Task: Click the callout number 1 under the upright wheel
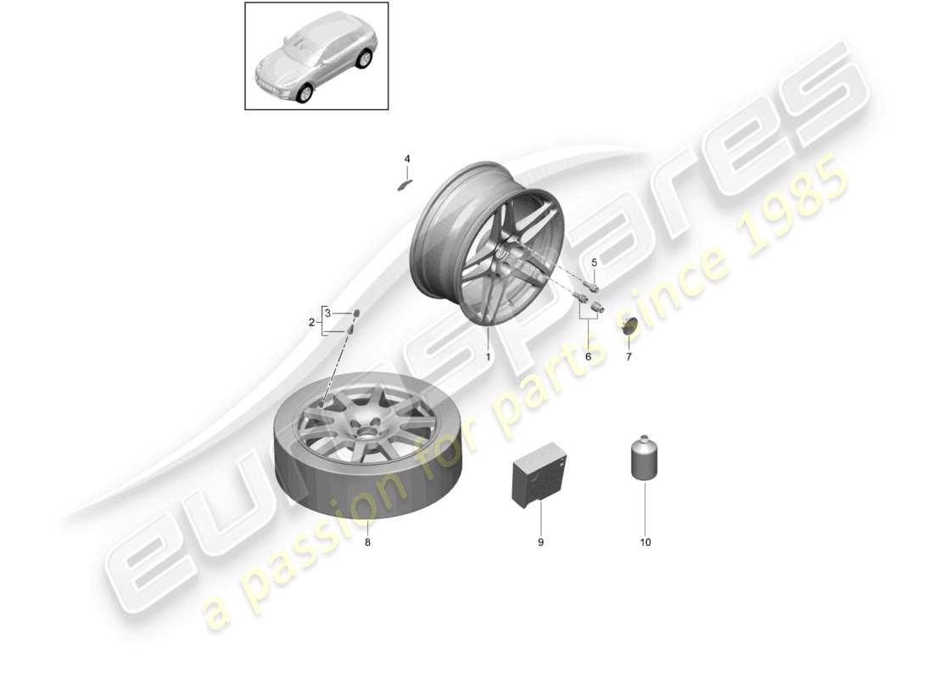(488, 357)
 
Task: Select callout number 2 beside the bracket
(311, 322)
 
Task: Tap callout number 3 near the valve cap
(327, 314)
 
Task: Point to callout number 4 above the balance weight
(406, 158)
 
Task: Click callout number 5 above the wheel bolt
(594, 262)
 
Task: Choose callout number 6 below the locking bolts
(588, 357)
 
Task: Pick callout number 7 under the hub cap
(629, 357)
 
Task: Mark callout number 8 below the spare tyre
(367, 542)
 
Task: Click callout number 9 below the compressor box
(540, 542)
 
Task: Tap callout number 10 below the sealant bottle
(645, 542)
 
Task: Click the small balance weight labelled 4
(404, 184)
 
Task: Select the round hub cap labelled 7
(629, 325)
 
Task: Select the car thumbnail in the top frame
(316, 56)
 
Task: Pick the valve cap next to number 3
(355, 314)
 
